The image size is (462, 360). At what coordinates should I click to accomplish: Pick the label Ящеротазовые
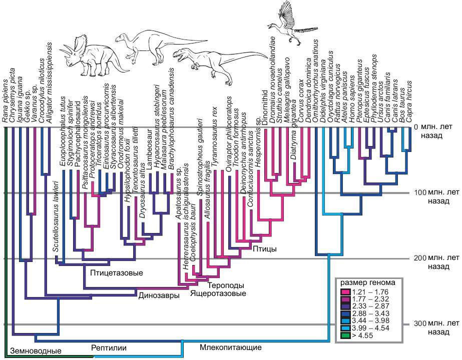click(x=218, y=293)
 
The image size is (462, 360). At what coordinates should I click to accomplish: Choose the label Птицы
click(x=265, y=249)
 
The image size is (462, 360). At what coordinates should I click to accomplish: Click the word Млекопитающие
click(x=230, y=347)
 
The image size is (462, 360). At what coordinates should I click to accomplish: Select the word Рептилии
click(x=109, y=347)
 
